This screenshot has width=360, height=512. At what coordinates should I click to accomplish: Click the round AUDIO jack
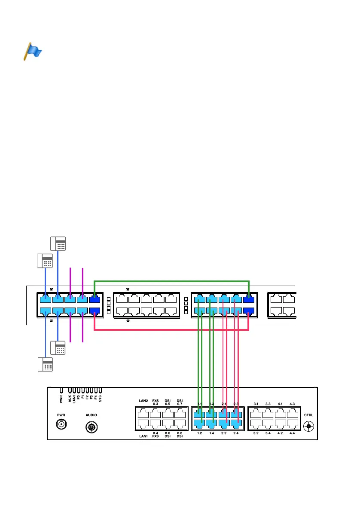click(x=91, y=427)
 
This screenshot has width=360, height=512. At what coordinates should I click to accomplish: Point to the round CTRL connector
click(x=308, y=427)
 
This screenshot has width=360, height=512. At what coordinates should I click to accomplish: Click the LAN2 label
click(x=143, y=401)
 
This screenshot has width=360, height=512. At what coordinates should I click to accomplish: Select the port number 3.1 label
click(x=256, y=404)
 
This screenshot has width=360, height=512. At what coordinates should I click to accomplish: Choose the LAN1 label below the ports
click(x=143, y=437)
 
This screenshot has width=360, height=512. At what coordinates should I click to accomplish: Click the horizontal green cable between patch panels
click(x=172, y=281)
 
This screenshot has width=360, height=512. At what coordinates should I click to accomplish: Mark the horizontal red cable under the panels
click(x=172, y=330)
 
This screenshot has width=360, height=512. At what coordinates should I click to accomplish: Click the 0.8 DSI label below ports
click(x=180, y=435)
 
